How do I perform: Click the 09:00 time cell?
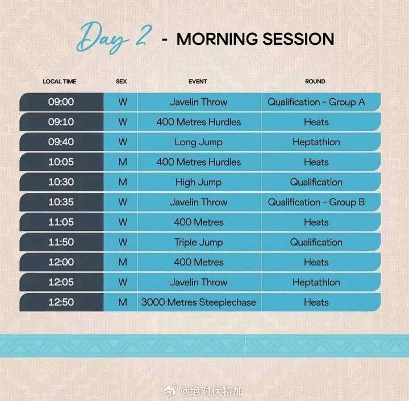[61, 102]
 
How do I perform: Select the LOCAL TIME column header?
[60, 82]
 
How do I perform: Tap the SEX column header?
[122, 82]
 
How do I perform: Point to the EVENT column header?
[198, 82]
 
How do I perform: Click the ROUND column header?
[315, 82]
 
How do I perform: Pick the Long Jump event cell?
[199, 142]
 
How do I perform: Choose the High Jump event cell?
[199, 182]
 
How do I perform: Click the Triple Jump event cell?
[199, 242]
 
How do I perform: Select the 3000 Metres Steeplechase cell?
[199, 302]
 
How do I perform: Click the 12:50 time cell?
[61, 302]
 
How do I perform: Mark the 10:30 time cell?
[61, 182]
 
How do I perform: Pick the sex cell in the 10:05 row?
[123, 162]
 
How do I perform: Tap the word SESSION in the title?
[298, 39]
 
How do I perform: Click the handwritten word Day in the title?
[102, 38]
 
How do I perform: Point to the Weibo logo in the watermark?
[171, 390]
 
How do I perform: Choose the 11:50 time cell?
[61, 242]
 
